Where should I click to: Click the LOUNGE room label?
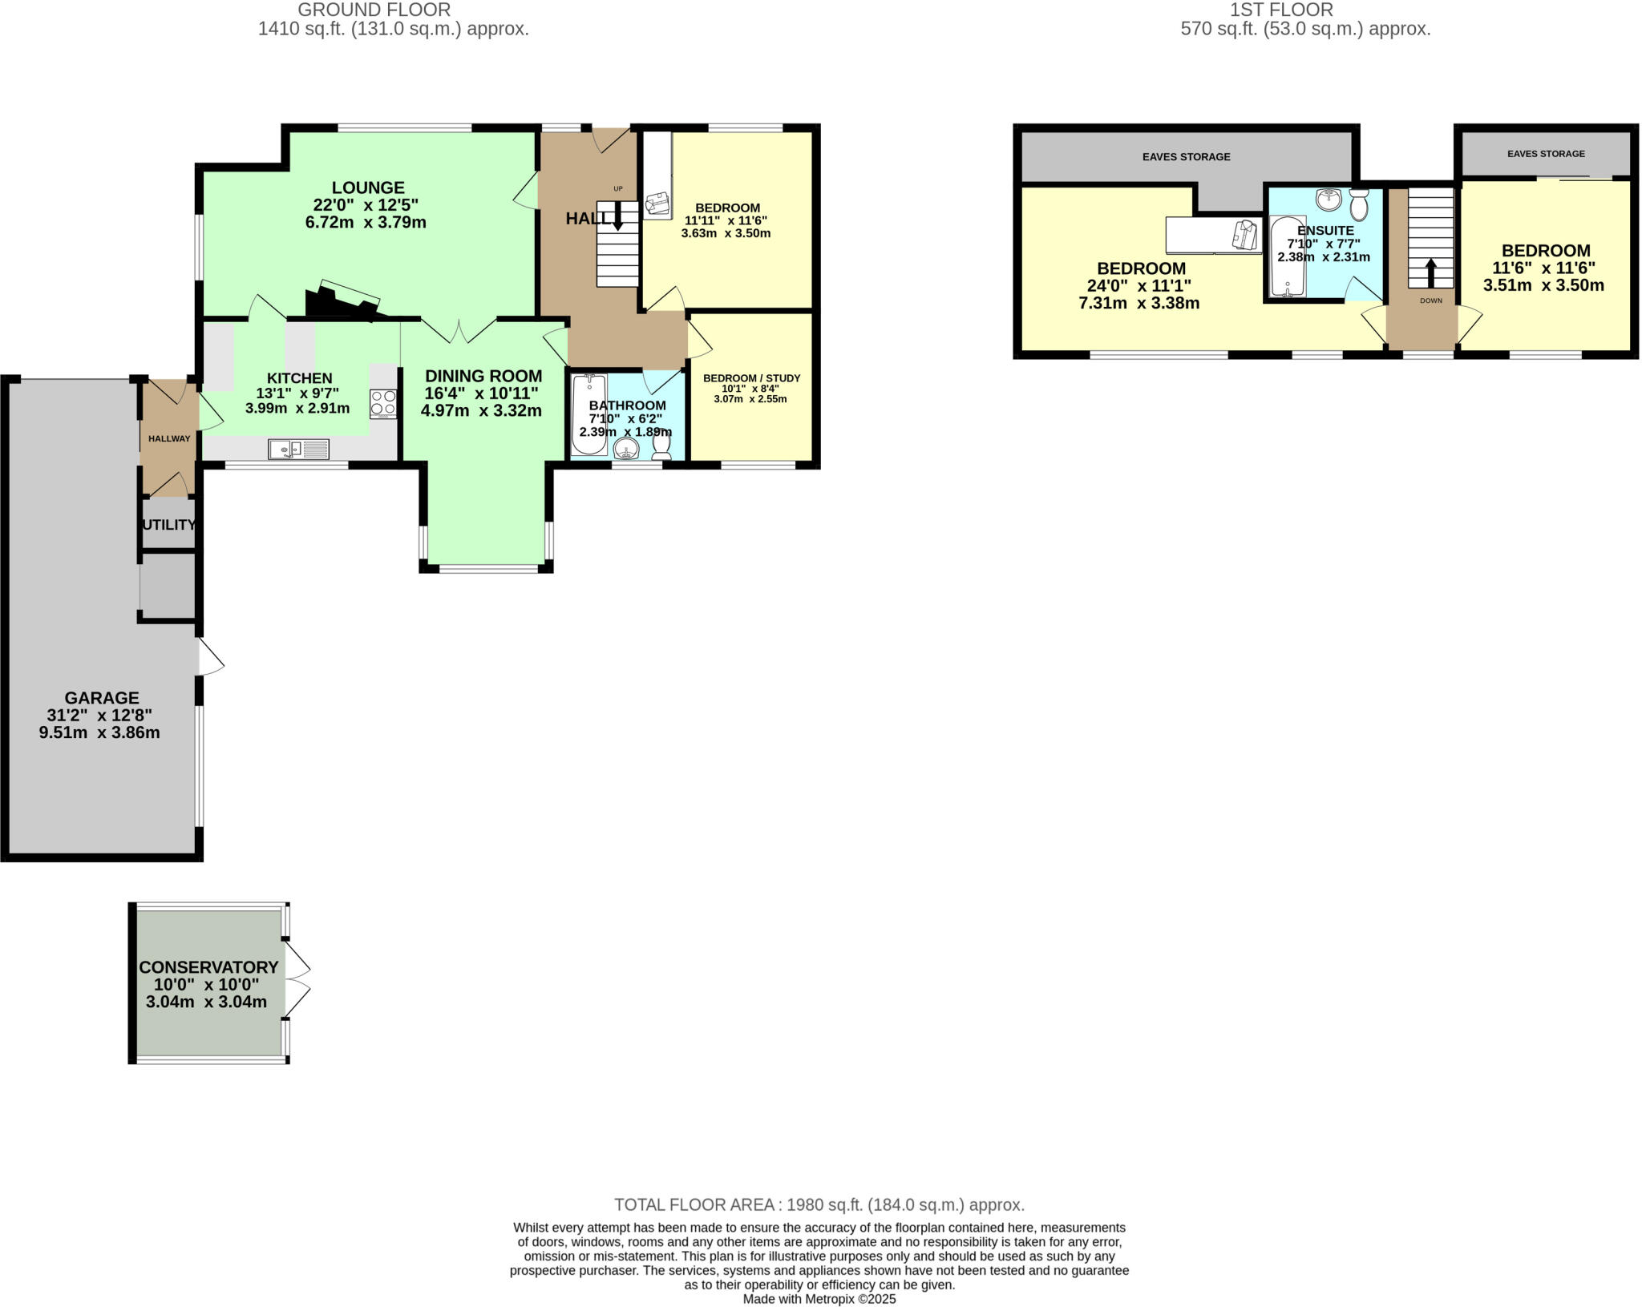click(369, 188)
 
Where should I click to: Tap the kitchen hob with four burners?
click(383, 404)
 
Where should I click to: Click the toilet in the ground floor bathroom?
click(661, 446)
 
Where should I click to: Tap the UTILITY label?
click(168, 525)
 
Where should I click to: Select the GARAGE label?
click(102, 698)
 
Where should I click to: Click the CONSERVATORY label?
click(208, 967)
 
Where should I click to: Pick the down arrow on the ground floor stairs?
click(617, 215)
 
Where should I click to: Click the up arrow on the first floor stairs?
click(1431, 272)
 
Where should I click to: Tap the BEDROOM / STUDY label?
click(751, 378)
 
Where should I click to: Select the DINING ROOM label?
click(483, 376)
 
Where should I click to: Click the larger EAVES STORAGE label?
click(1186, 157)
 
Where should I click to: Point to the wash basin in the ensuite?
click(1329, 198)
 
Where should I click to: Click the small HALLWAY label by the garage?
click(169, 438)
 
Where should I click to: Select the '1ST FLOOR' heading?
click(1304, 10)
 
